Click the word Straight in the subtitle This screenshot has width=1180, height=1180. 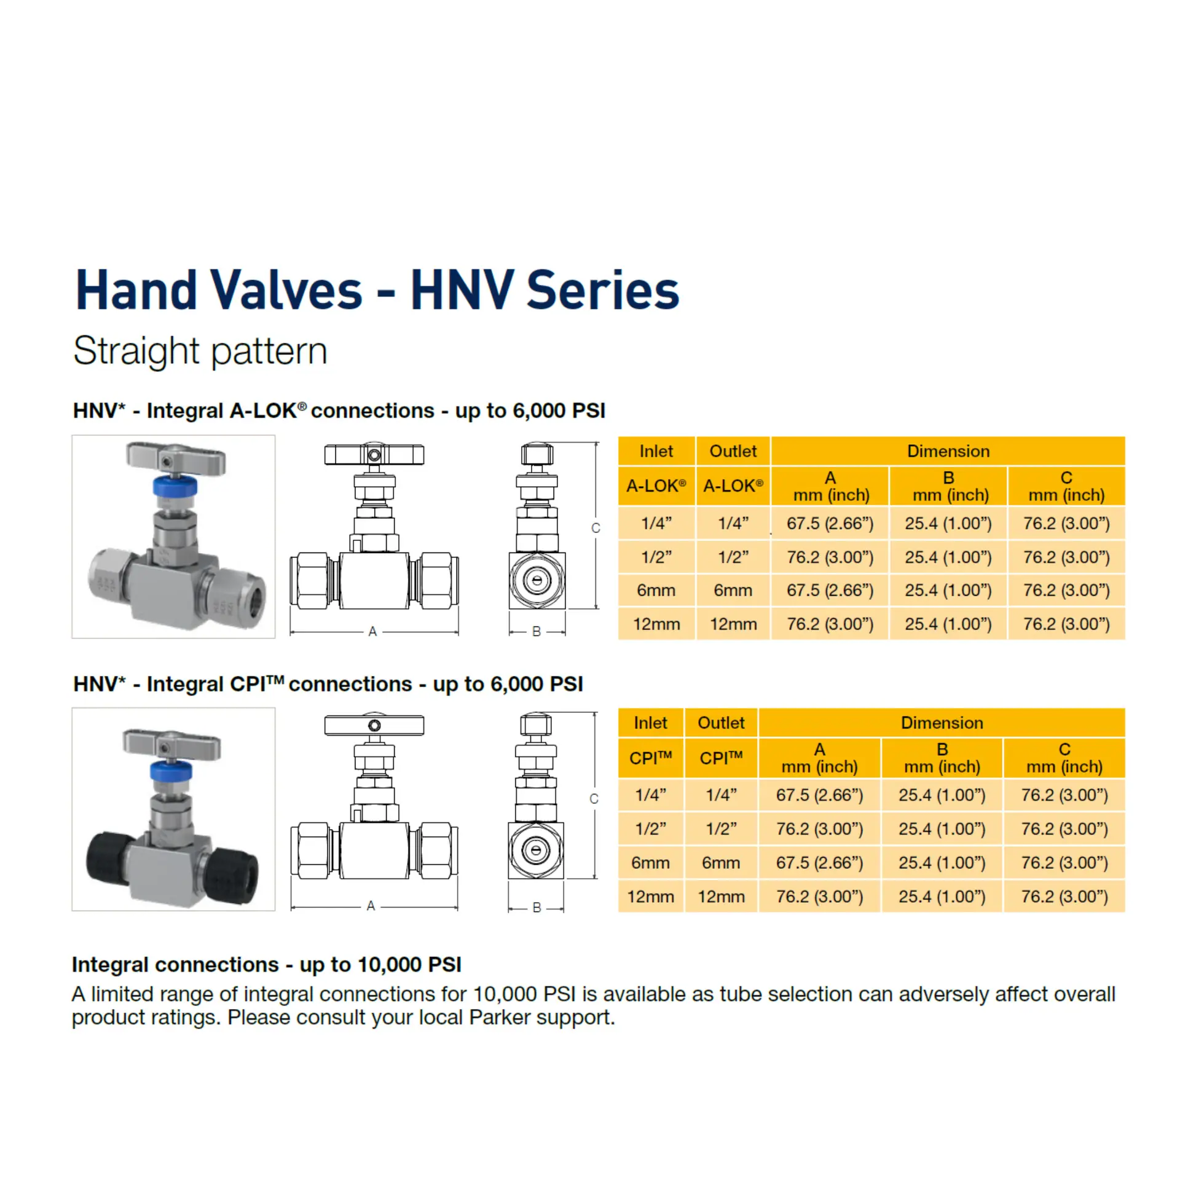(x=136, y=351)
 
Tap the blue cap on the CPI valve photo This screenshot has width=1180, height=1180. (x=171, y=770)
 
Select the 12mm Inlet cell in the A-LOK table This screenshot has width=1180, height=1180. (x=656, y=624)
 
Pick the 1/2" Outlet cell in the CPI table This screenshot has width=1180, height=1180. (x=721, y=829)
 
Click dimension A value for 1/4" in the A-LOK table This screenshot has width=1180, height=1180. (x=830, y=524)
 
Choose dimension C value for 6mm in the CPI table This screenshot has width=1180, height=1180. (x=1064, y=863)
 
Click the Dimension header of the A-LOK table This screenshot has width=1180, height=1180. (x=948, y=451)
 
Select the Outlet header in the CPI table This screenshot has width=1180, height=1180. (x=721, y=723)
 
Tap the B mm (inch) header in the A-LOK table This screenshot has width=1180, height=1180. (x=948, y=486)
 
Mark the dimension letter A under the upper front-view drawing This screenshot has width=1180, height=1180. (x=372, y=631)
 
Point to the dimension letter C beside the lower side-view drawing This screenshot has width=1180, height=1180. (x=594, y=798)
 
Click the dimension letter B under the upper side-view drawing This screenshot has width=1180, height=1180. (x=537, y=631)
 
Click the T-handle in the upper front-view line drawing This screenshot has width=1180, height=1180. (x=374, y=455)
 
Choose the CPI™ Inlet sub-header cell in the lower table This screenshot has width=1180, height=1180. (x=651, y=758)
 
